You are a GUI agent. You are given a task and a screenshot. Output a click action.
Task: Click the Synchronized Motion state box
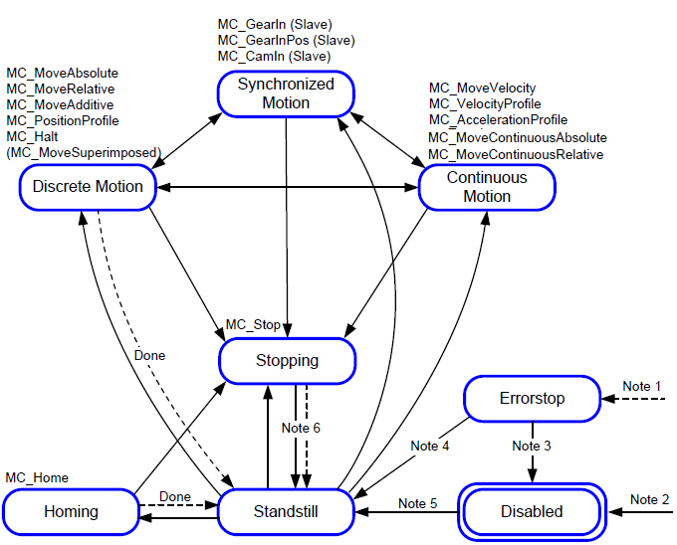[287, 93]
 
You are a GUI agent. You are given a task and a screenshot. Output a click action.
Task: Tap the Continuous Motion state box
[487, 187]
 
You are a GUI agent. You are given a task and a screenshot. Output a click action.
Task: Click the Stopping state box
[287, 361]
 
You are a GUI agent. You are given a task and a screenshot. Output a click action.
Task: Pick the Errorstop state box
[532, 399]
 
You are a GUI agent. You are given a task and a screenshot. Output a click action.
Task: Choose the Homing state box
[71, 511]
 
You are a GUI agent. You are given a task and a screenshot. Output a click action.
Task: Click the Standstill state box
[287, 511]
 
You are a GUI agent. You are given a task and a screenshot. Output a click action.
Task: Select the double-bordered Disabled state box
[532, 511]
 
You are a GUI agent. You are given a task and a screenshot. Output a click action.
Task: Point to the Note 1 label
[641, 386]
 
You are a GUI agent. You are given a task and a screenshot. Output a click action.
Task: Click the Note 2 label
[649, 499]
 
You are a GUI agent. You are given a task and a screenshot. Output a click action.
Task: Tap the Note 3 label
[532, 446]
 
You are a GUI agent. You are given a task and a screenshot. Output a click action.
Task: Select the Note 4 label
[430, 446]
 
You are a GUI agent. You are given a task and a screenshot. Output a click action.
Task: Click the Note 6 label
[301, 428]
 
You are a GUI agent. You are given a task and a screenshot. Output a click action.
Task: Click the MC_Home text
[37, 478]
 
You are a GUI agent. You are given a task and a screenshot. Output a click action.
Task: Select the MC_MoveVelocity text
[482, 88]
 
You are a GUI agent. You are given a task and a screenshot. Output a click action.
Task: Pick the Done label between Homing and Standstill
[175, 496]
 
